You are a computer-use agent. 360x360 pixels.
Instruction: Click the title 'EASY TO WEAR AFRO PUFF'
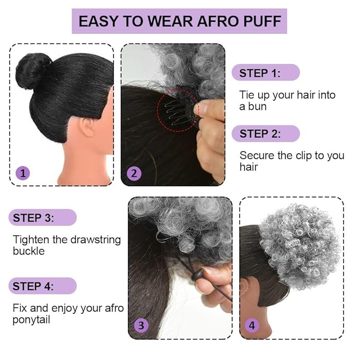179,21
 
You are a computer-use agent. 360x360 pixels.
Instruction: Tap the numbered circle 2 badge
134,173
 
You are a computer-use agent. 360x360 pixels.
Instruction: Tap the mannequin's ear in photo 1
87,127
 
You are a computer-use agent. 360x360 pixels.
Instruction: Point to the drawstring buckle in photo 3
197,274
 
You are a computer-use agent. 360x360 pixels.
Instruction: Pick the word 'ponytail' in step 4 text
33,320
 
